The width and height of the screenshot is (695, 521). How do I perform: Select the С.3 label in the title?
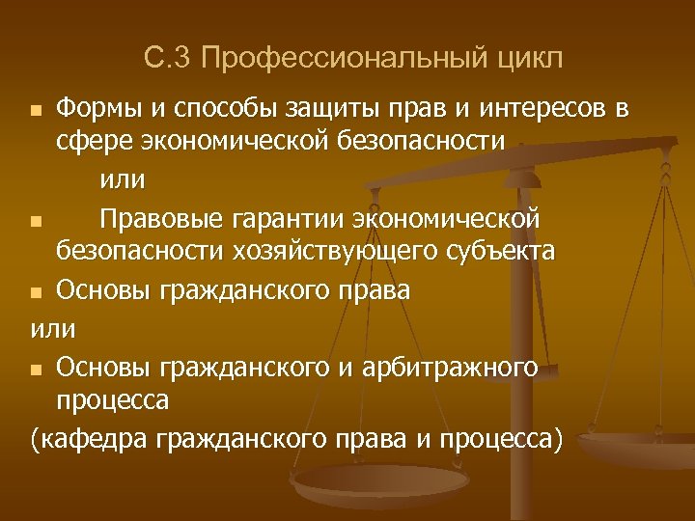tap(169, 60)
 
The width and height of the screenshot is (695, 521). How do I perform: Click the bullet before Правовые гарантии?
tap(36, 223)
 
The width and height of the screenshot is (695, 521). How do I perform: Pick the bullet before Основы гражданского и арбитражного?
tap(36, 370)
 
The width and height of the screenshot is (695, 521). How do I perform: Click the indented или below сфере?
tap(123, 179)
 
